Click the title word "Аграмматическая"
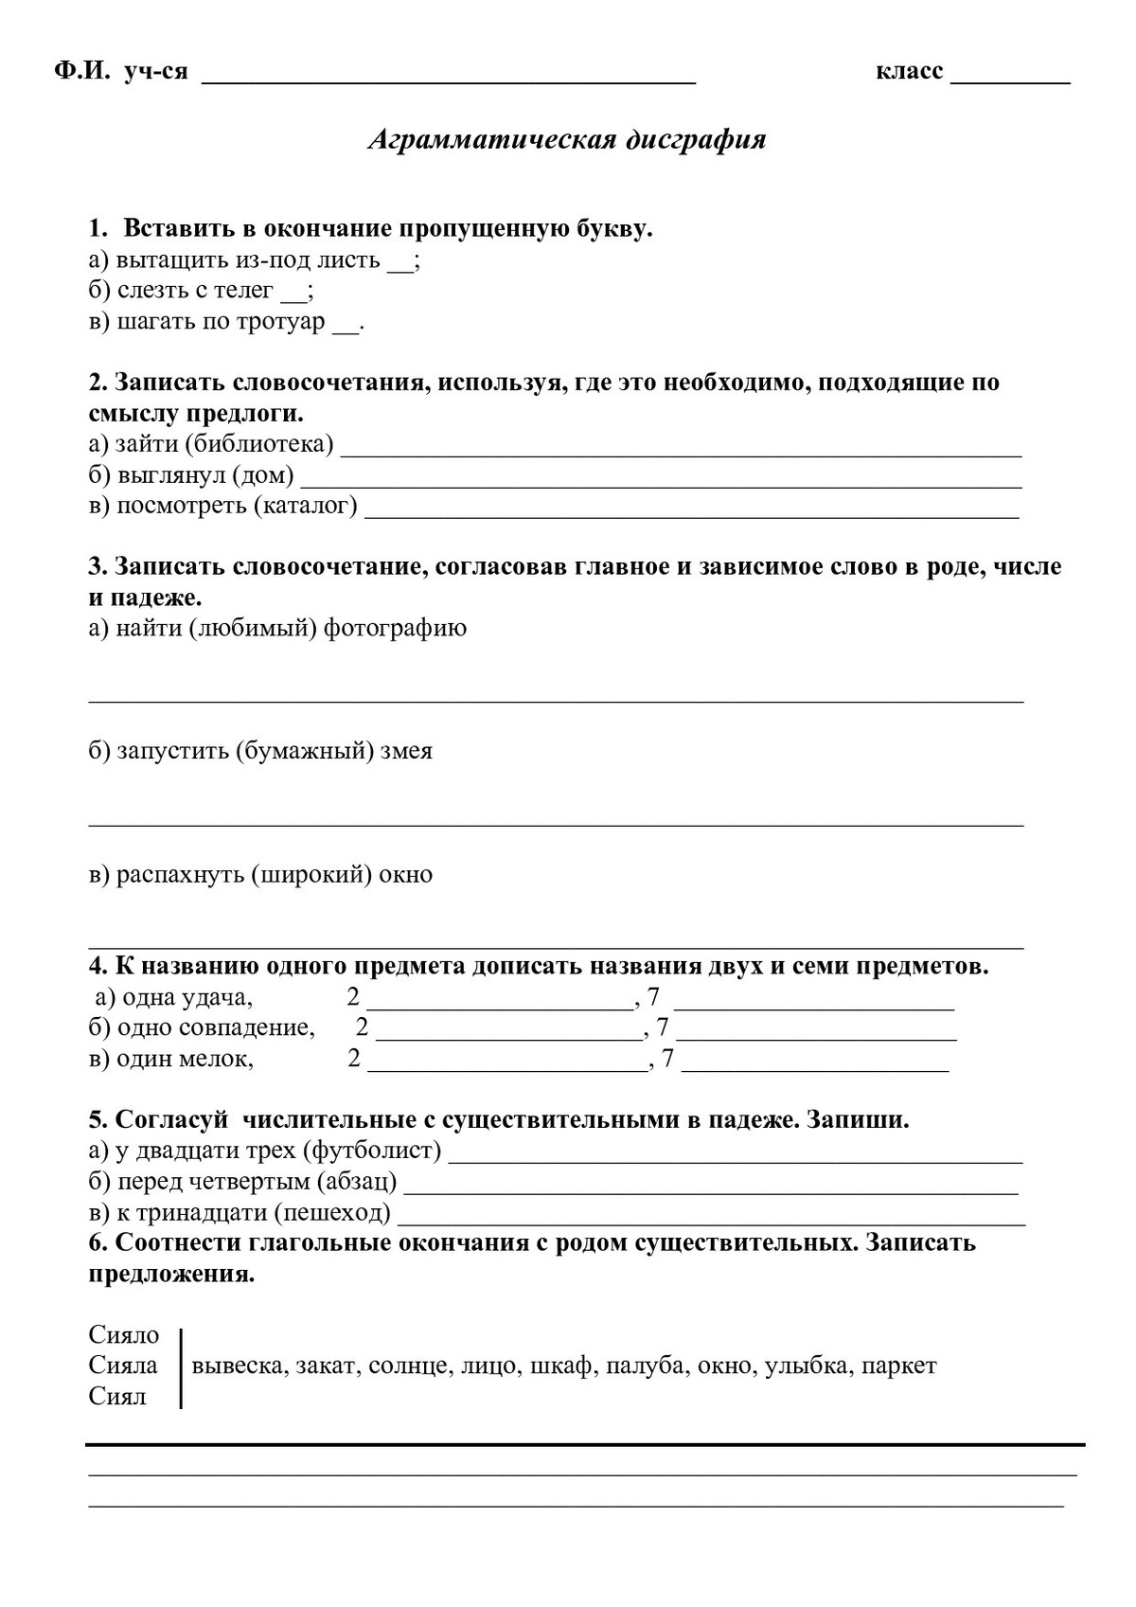coord(490,140)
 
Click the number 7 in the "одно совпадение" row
coord(662,1027)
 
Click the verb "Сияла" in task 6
coord(123,1366)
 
